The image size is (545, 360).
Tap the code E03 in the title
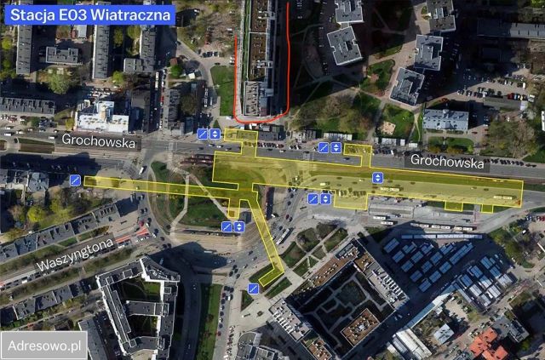click(x=81, y=14)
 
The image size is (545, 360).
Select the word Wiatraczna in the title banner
click(x=132, y=14)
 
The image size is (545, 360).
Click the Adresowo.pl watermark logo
click(x=44, y=346)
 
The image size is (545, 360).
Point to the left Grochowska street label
click(x=99, y=143)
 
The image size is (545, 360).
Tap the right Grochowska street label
click(x=446, y=160)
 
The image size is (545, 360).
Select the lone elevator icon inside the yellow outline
click(x=377, y=178)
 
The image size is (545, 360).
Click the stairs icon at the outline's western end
click(x=76, y=180)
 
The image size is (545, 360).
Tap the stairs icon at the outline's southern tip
click(x=254, y=289)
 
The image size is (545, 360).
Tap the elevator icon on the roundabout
click(x=239, y=226)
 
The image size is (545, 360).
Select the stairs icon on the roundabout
click(x=227, y=226)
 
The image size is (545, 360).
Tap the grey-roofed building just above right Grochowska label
click(x=445, y=120)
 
